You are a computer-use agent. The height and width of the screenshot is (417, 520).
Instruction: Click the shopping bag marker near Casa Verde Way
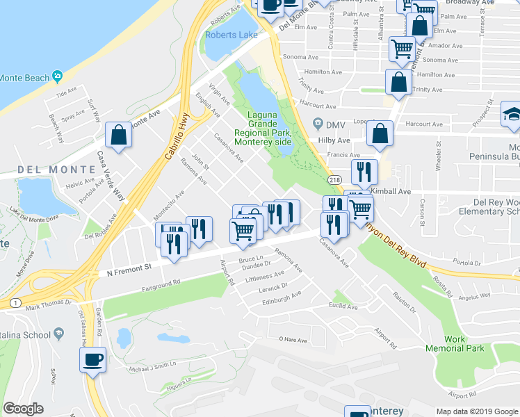pos(119,136)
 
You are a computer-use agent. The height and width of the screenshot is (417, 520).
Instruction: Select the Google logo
pos(24,409)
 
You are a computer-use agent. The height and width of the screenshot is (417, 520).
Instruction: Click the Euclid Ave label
pos(343,306)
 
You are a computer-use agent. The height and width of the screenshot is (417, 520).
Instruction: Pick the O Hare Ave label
pos(293,338)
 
